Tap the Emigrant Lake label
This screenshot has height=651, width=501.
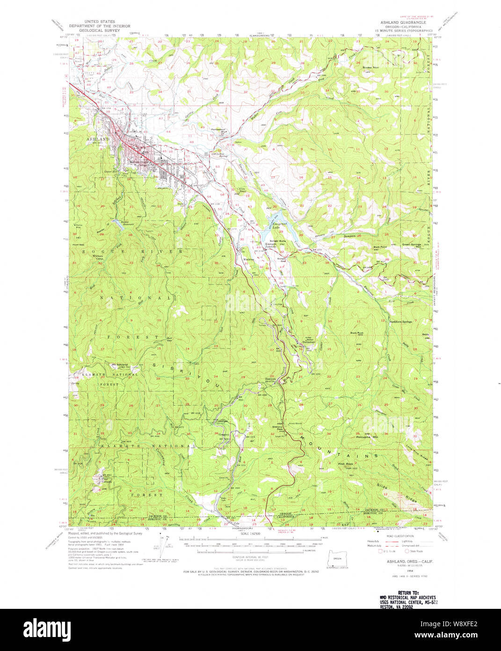[x=280, y=227]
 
